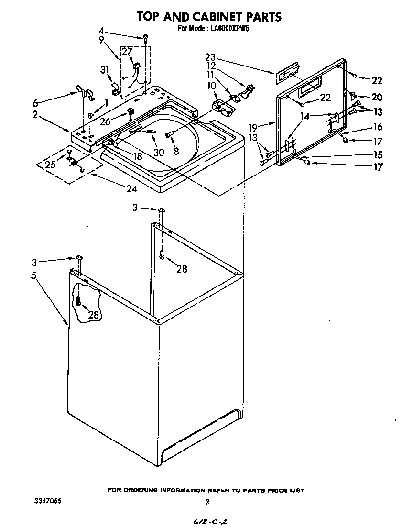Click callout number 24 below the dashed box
point(131,189)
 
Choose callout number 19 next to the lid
point(253,128)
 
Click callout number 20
point(377,98)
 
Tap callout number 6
point(35,102)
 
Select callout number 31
point(105,70)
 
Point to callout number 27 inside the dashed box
point(127,51)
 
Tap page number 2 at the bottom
point(207,502)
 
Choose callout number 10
point(211,85)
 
